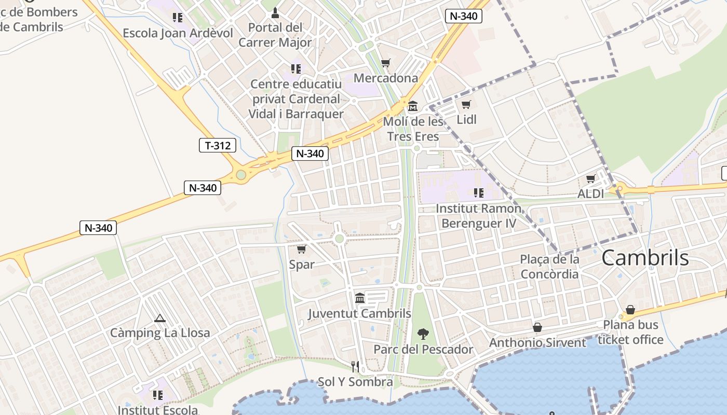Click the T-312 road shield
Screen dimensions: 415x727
click(218, 145)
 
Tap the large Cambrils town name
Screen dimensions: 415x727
click(645, 258)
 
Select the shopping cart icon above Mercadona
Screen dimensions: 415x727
click(385, 63)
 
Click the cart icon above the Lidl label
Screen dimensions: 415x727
click(466, 104)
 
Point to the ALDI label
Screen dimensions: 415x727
click(591, 193)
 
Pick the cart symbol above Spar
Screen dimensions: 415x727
click(301, 249)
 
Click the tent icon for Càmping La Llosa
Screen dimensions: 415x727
click(159, 318)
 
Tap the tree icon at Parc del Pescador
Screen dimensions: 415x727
click(423, 334)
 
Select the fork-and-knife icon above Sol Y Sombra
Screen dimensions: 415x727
click(355, 367)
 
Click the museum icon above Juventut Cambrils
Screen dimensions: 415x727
click(359, 298)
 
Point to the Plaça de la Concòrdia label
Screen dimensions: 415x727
click(549, 266)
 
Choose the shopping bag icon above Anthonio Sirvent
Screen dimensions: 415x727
click(537, 327)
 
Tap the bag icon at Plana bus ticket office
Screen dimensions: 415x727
click(630, 310)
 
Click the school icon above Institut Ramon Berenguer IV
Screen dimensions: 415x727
click(478, 193)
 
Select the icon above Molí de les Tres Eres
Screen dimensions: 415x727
click(413, 106)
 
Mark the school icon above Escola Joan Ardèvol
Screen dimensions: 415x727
click(178, 18)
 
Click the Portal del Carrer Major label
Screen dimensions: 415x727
click(275, 35)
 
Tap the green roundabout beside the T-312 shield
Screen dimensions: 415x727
click(240, 175)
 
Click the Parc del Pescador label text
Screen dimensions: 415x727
click(424, 349)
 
